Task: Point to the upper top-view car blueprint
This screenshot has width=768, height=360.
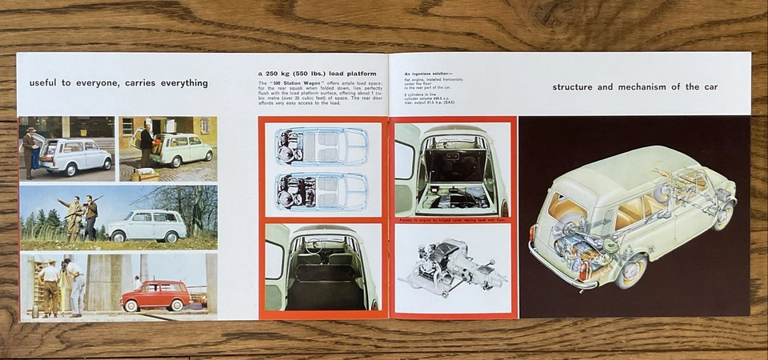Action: (x=322, y=146)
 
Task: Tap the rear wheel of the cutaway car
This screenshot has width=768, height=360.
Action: (x=631, y=271)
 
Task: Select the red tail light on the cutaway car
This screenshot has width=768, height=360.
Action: (x=532, y=234)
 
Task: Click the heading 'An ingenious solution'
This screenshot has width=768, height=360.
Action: (x=433, y=73)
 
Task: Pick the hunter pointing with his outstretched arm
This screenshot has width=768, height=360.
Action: (x=74, y=214)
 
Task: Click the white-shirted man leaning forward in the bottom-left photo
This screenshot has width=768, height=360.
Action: (x=75, y=286)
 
